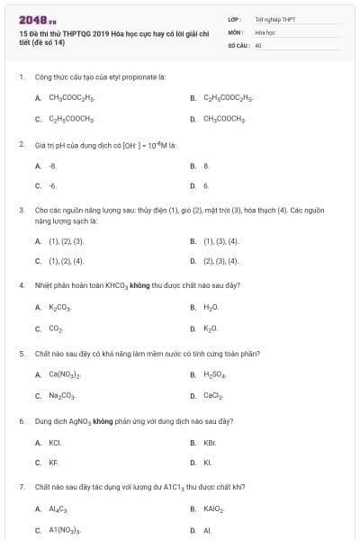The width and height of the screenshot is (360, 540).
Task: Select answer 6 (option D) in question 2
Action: pos(206,185)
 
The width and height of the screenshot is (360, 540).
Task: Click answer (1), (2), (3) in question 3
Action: pos(66,241)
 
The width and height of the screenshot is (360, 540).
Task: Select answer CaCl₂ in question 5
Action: pos(212,395)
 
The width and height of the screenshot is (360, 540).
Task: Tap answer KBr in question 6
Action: pos(211,443)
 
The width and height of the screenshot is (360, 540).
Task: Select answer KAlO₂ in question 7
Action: pos(213,509)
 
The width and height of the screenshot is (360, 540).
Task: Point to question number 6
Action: pos(21,421)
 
